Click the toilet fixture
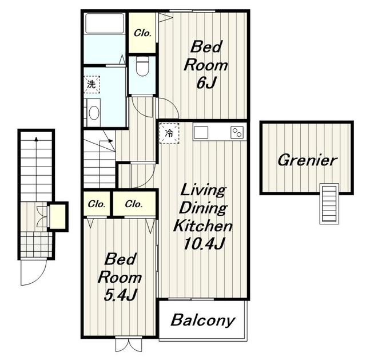[x=142, y=66]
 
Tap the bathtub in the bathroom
[x=105, y=23]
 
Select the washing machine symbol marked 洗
[x=91, y=84]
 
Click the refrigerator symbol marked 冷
[x=169, y=133]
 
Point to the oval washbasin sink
[x=94, y=113]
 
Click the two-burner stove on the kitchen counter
[x=237, y=133]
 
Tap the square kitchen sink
[x=201, y=133]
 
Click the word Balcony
[x=202, y=320]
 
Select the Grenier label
[x=307, y=160]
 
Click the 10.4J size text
[x=204, y=244]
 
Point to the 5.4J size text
[x=120, y=295]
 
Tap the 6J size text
[x=206, y=82]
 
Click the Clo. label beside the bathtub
[x=142, y=33]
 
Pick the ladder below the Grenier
[x=329, y=204]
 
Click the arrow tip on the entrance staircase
[x=36, y=138]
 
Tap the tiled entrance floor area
[x=36, y=244]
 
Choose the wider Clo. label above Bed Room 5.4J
[x=134, y=204]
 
